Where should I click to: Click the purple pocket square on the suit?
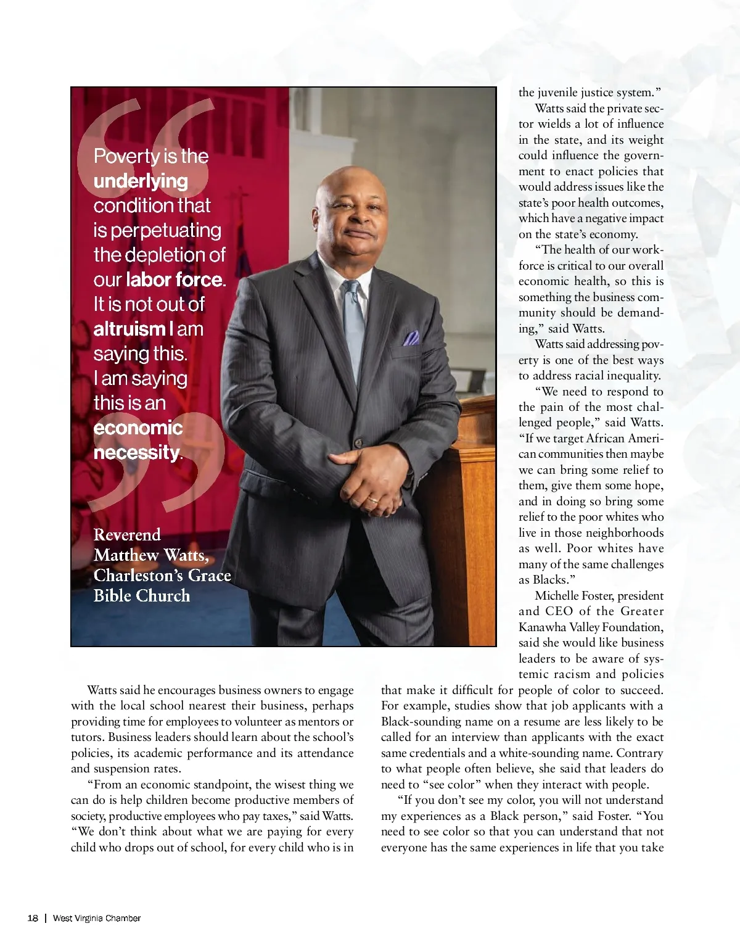click(411, 338)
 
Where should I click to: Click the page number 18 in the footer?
click(33, 918)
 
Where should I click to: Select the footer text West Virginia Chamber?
click(97, 918)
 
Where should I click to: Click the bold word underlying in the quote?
click(141, 181)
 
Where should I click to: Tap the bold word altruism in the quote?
click(129, 329)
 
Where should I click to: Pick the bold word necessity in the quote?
click(136, 452)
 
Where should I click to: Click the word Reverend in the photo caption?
click(127, 535)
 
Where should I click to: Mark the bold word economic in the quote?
click(138, 428)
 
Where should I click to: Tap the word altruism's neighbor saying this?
click(140, 354)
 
